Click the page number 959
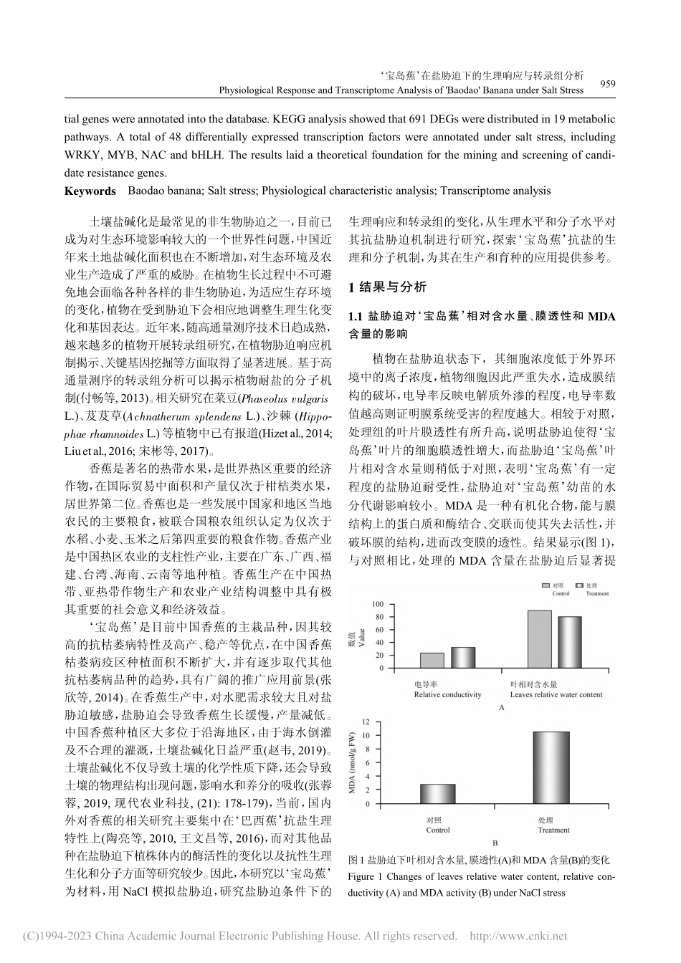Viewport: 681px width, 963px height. click(607, 84)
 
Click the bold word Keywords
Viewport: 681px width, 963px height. click(90, 191)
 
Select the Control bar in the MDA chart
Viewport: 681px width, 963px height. click(437, 793)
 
